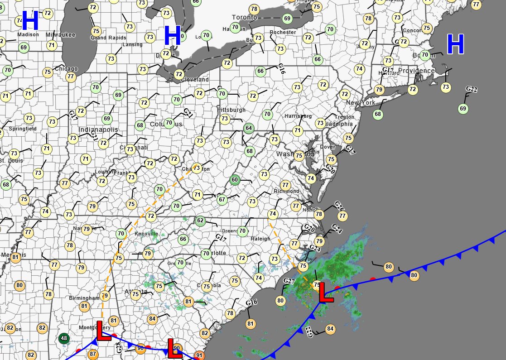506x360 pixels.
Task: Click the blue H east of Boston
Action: coord(455,44)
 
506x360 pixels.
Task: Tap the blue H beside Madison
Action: coord(30,21)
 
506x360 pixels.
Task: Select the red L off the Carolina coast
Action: coord(325,293)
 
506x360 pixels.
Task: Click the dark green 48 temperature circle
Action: coord(64,338)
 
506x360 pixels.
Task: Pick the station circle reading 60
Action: coord(235,180)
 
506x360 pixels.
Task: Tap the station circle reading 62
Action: coord(200,221)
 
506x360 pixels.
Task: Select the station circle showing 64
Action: coord(248,128)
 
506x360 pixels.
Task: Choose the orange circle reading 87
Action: coord(93,354)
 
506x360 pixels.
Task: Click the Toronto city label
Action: coord(245,17)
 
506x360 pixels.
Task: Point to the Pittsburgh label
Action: coord(231,110)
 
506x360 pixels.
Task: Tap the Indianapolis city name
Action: coord(98,130)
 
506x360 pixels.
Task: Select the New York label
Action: coord(361,103)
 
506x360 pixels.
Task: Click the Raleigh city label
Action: coord(260,239)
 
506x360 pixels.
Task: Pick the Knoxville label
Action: coord(146,234)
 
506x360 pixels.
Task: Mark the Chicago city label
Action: coord(66,69)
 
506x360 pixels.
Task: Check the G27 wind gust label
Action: coord(289,281)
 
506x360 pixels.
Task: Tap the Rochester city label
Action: coord(283,32)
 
